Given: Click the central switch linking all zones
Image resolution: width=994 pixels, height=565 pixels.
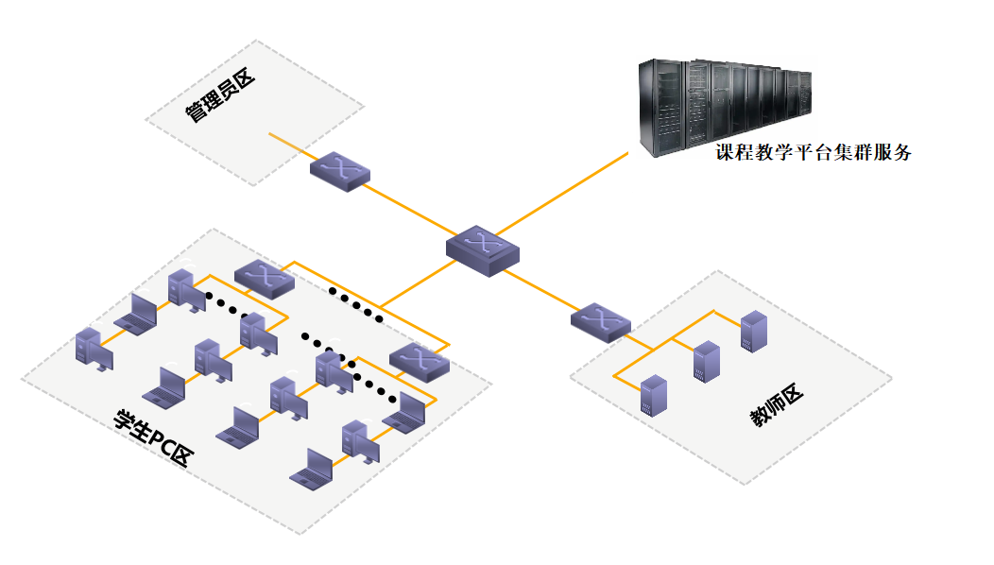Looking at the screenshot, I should (x=483, y=251).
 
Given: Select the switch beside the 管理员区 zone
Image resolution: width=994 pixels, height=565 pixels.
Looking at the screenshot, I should (x=339, y=172).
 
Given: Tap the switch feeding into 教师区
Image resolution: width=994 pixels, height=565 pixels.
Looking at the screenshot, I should (x=600, y=321).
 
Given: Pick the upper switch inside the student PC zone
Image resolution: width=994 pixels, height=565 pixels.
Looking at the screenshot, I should (x=265, y=278).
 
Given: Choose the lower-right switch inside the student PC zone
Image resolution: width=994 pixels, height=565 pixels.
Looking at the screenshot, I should (x=420, y=362).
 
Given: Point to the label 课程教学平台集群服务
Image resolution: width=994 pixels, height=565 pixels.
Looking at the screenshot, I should (x=813, y=152).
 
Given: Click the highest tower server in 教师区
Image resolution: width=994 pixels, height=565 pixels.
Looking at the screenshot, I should (x=753, y=331).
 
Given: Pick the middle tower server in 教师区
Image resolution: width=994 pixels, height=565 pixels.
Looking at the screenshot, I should (x=706, y=361).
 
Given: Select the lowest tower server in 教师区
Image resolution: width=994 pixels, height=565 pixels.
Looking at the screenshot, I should (x=652, y=396).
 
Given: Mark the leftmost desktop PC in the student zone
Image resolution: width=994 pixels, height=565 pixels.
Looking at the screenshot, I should (x=91, y=348).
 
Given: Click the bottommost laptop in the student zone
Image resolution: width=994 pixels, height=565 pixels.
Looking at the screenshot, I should (x=312, y=469).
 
